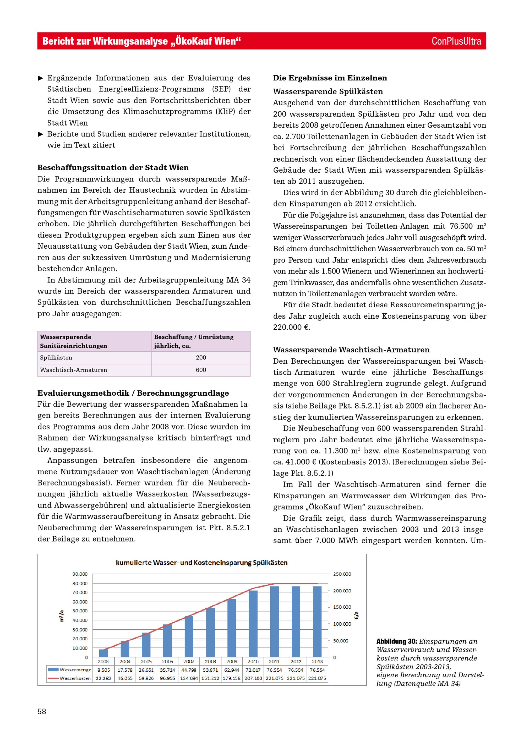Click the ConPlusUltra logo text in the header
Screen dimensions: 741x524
pyautogui.click(x=456, y=41)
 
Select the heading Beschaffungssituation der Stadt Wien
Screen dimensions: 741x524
pyautogui.click(x=113, y=167)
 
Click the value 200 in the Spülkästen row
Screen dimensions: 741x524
pyautogui.click(x=201, y=358)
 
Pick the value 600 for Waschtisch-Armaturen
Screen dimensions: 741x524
pyautogui.click(x=201, y=370)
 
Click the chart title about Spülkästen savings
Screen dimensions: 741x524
pyautogui.click(x=202, y=563)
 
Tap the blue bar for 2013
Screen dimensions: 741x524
pyautogui.click(x=317, y=622)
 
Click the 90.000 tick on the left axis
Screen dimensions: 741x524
pyautogui.click(x=80, y=574)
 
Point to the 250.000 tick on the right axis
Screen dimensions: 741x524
pyautogui.click(x=342, y=574)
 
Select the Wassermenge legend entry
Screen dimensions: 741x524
pyautogui.click(x=70, y=670)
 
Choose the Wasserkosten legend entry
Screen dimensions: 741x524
pyautogui.click(x=70, y=678)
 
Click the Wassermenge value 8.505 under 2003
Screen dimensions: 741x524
pyautogui.click(x=103, y=670)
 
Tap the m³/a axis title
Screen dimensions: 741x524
pyautogui.click(x=62, y=616)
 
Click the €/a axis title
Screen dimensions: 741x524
pyautogui.click(x=356, y=616)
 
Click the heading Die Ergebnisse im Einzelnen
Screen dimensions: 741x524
pyautogui.click(x=330, y=78)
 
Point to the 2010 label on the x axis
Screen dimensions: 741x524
pyautogui.click(x=253, y=661)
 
